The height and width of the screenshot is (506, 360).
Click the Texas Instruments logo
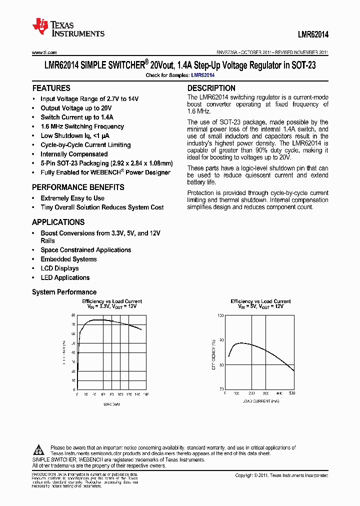pos(68,28)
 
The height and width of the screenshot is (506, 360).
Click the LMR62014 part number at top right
pos(310,34)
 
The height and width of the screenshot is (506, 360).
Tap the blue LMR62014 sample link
pos(203,75)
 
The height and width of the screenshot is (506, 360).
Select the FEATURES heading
pos(51,88)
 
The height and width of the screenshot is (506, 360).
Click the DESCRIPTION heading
pos(211,88)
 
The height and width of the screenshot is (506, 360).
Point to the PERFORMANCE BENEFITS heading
pos(78,187)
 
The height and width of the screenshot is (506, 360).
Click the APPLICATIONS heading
pos(58,222)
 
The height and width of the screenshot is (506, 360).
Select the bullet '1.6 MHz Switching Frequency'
pos(82,126)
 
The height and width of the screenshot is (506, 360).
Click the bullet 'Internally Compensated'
pos(74,154)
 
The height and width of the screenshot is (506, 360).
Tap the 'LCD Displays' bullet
pos(59,268)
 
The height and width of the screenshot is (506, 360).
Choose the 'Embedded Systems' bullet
pos(68,259)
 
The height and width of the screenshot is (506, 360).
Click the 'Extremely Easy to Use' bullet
pos(72,198)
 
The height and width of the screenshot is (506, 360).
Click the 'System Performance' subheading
pos(64,292)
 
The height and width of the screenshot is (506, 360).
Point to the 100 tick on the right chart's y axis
pos(220,316)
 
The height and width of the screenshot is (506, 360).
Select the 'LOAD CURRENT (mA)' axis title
pos(260,401)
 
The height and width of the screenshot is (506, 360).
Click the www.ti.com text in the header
pos(44,52)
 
